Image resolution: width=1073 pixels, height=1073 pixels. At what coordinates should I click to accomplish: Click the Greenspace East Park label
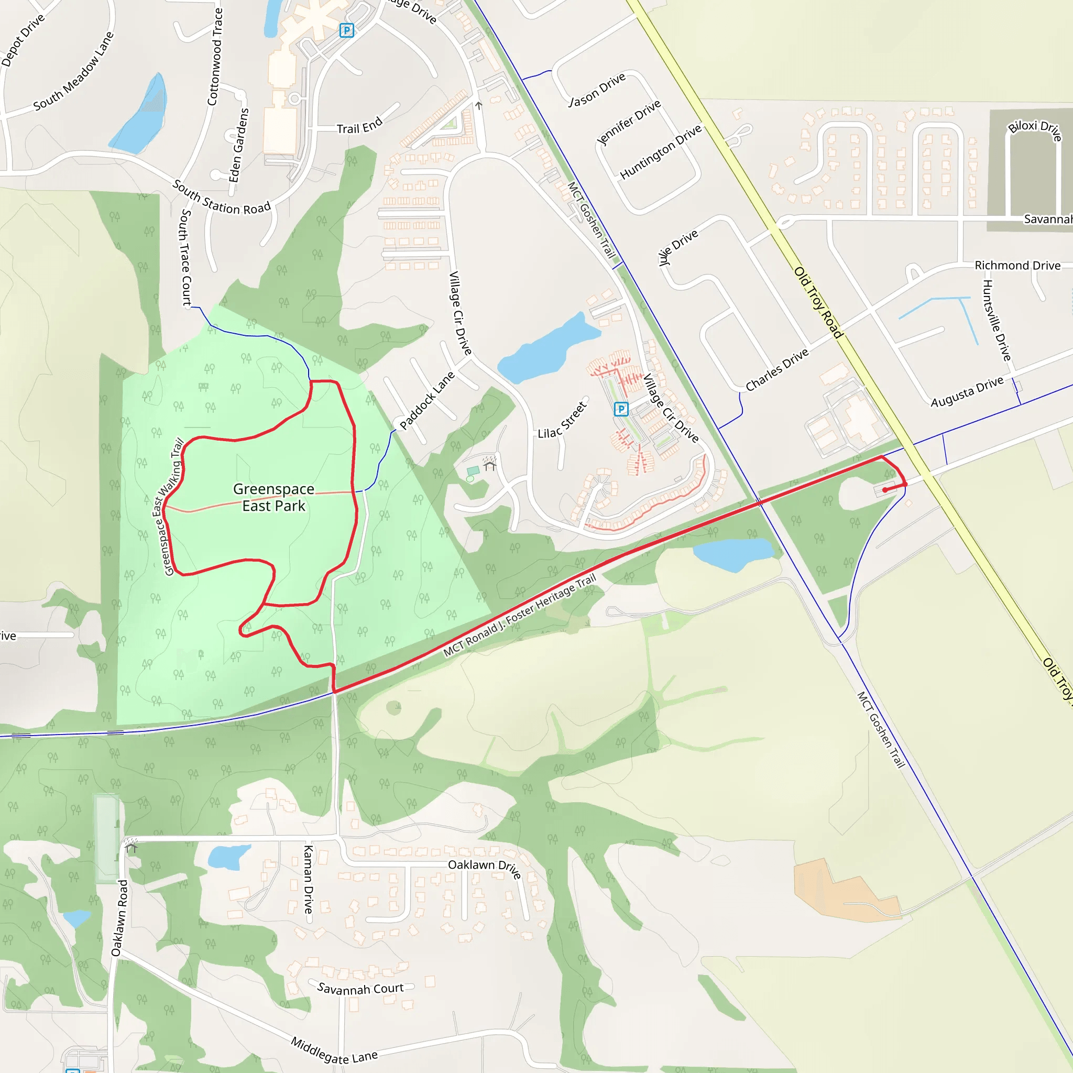(274, 497)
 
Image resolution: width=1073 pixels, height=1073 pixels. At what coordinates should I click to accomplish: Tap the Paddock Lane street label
(427, 400)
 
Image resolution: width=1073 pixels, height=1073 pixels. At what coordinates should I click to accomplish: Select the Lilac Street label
(562, 420)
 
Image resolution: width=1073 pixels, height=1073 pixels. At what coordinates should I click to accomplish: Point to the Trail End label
(359, 126)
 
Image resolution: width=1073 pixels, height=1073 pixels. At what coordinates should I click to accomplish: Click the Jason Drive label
(597, 90)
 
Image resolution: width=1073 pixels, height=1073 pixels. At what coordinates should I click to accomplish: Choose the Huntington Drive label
(660, 151)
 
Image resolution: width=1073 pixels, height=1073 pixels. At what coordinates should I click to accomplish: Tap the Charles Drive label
(776, 370)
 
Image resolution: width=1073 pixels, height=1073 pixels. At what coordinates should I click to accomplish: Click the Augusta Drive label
(967, 391)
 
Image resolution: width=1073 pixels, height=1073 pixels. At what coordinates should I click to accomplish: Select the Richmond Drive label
(1017, 266)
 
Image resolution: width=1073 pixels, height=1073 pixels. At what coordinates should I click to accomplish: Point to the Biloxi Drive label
(1035, 129)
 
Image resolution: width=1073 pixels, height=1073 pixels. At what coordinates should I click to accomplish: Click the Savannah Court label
(360, 989)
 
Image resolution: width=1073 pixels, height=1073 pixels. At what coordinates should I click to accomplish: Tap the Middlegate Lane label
(334, 1050)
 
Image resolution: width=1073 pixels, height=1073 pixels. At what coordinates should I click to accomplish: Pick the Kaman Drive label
(308, 880)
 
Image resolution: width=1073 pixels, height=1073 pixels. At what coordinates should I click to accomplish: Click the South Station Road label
(221, 198)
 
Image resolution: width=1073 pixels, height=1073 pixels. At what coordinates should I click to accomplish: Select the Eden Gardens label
(239, 145)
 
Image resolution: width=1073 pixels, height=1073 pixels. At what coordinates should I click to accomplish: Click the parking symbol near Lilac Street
(621, 409)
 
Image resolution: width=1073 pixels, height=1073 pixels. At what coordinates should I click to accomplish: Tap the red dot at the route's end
(885, 490)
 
